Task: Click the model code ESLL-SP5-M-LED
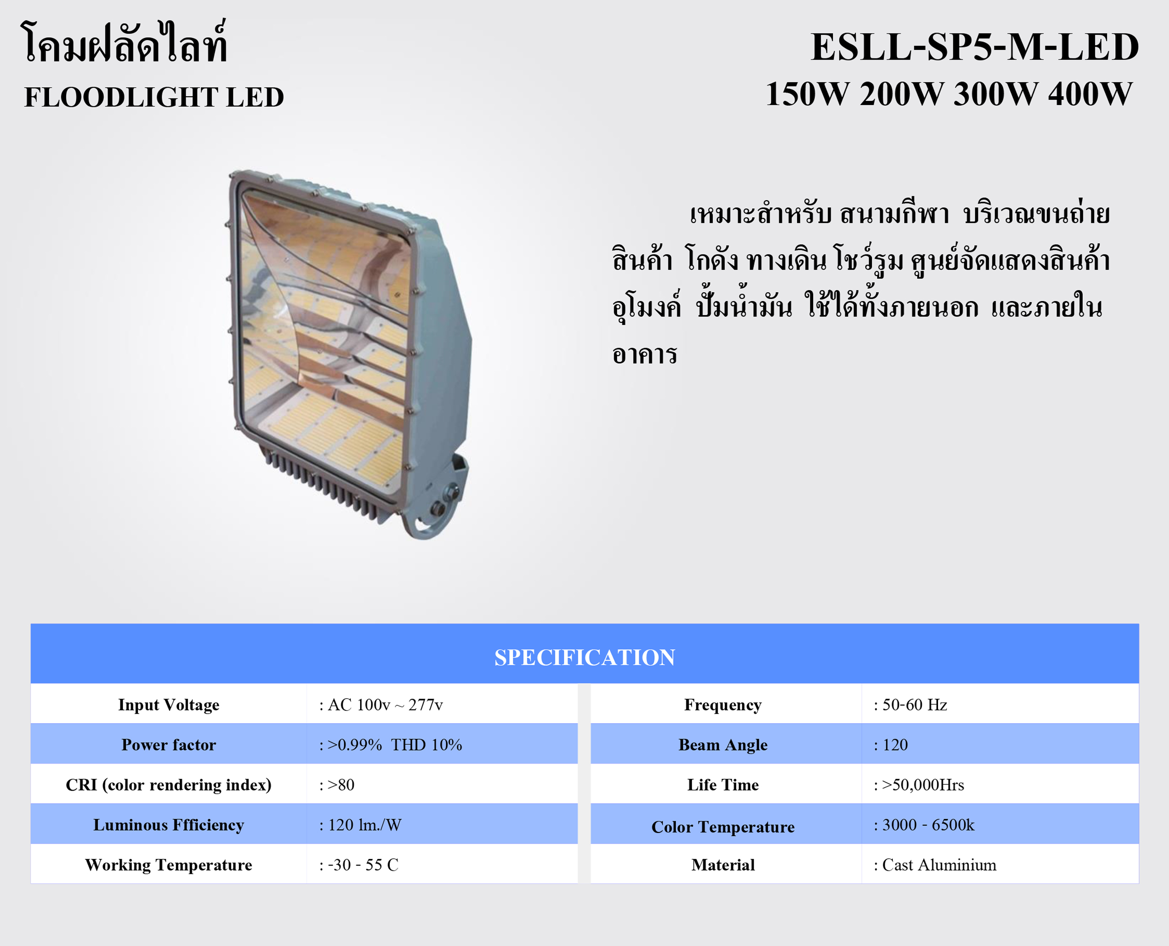click(x=974, y=47)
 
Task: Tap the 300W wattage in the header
click(x=996, y=94)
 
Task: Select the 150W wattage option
click(x=807, y=94)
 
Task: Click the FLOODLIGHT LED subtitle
click(x=154, y=98)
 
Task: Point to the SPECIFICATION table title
click(x=584, y=657)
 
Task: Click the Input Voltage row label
click(x=168, y=705)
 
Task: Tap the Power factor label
click(x=168, y=744)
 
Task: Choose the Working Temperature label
click(x=168, y=865)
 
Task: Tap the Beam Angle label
click(x=723, y=745)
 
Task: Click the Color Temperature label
click(x=723, y=827)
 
